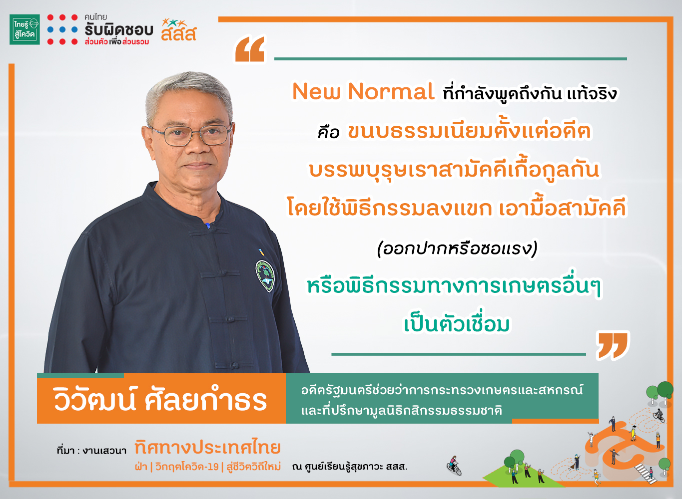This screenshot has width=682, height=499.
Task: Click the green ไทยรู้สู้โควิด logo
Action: click(24, 29)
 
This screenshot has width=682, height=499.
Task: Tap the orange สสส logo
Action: click(179, 30)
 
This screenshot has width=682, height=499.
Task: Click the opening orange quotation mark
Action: click(250, 49)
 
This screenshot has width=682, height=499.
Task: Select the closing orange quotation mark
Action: click(612, 346)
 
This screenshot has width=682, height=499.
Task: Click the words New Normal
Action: click(363, 91)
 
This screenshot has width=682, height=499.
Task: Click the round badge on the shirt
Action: click(265, 276)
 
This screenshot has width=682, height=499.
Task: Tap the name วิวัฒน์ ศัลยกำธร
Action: click(160, 399)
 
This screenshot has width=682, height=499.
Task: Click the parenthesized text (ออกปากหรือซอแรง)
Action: click(457, 249)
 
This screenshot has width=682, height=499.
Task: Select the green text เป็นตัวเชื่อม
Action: click(457, 324)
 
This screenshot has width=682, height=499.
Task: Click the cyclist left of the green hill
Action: click(454, 465)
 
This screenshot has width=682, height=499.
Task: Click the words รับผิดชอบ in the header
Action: click(119, 30)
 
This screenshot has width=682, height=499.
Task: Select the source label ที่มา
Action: click(65, 450)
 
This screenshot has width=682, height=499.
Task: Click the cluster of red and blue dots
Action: click(62, 29)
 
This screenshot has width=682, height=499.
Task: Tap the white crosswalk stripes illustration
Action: click(645, 474)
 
